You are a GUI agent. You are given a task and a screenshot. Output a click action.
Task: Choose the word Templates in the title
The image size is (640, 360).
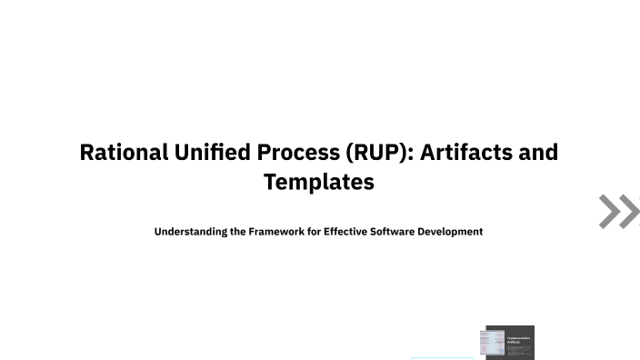click(x=319, y=182)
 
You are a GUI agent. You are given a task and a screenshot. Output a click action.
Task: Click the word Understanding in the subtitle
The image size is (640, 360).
click(x=191, y=232)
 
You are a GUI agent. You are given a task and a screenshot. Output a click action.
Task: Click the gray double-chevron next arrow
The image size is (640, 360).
click(x=619, y=211)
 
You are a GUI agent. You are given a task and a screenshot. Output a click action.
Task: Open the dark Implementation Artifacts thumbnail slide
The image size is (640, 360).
click(x=511, y=343)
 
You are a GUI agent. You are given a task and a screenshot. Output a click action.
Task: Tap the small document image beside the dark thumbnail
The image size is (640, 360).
click(x=492, y=343)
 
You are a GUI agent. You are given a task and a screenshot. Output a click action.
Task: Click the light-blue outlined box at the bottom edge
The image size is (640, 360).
click(x=442, y=358)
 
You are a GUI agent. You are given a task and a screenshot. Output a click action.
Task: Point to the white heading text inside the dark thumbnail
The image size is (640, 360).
click(x=519, y=339)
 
